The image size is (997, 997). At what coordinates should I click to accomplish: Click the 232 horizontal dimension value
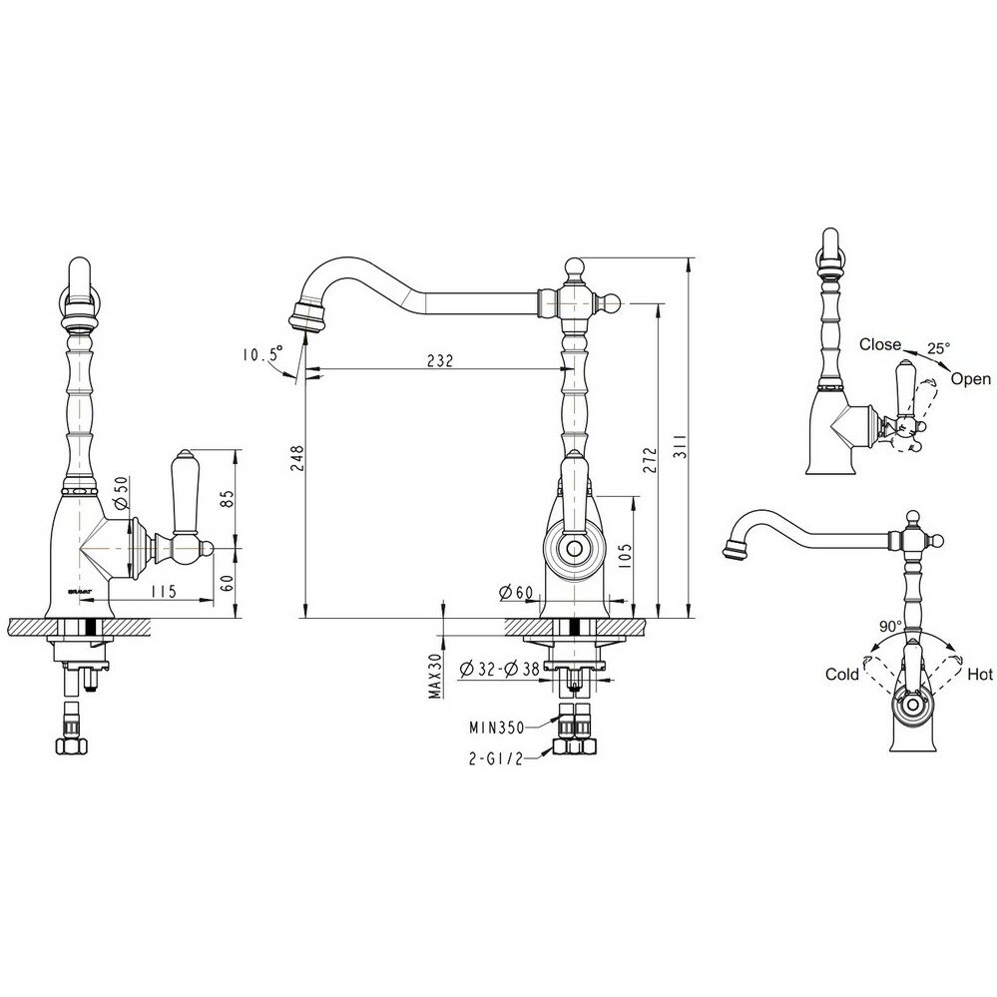[439, 361]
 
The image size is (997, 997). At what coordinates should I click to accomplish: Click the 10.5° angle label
[260, 353]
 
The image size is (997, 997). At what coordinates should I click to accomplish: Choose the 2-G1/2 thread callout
[495, 758]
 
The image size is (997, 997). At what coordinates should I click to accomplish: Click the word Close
[880, 344]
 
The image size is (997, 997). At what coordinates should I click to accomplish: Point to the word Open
[970, 378]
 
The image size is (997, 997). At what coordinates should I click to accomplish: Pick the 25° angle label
[938, 348]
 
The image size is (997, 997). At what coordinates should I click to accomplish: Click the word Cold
[842, 675]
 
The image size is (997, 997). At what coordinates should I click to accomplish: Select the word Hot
[980, 675]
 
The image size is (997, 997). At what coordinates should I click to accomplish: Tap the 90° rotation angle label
[889, 626]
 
